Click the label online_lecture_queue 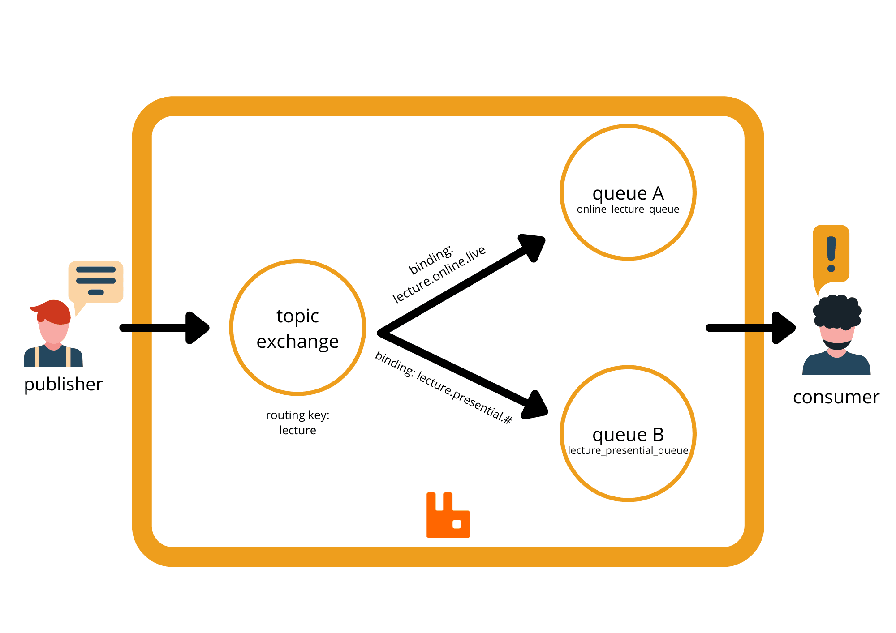click(x=628, y=210)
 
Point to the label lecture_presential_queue click(x=628, y=450)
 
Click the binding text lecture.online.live click(x=439, y=274)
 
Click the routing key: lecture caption click(x=297, y=423)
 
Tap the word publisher click(x=63, y=384)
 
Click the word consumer click(x=836, y=397)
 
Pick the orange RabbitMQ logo click(x=448, y=515)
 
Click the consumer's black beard click(x=836, y=345)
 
